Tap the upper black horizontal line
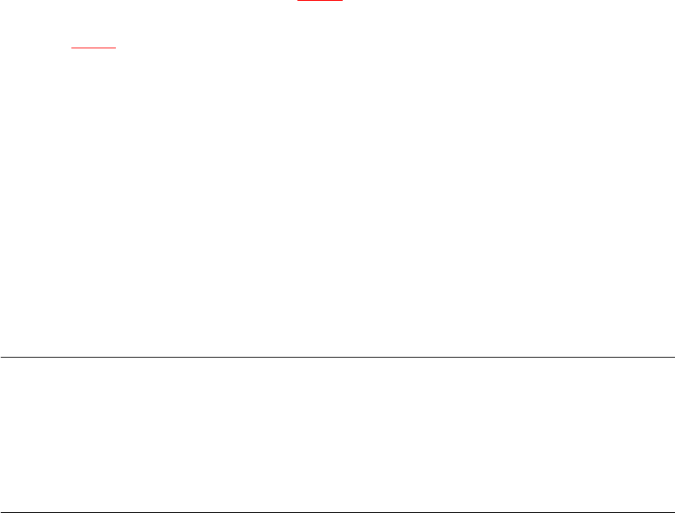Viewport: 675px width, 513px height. pyautogui.click(x=337, y=357)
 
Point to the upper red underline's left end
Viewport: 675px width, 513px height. pyautogui.click(x=298, y=1)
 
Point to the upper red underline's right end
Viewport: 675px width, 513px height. pyautogui.click(x=343, y=1)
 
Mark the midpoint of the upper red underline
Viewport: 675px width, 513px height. pyautogui.click(x=320, y=1)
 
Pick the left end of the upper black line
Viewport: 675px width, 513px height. pyautogui.click(x=1, y=357)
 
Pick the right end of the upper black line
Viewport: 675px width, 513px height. pyautogui.click(x=673, y=357)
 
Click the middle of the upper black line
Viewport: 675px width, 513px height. pyautogui.click(x=337, y=357)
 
